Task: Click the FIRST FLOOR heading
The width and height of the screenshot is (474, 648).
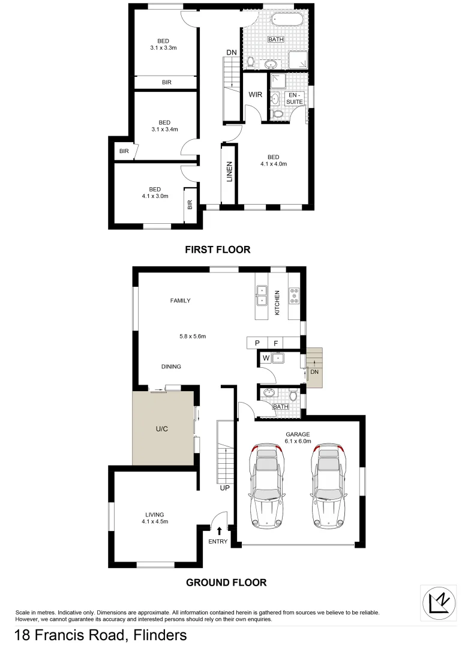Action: click(x=218, y=250)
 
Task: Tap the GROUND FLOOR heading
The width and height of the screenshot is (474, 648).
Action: click(x=226, y=582)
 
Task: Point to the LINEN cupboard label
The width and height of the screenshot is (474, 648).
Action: click(x=229, y=172)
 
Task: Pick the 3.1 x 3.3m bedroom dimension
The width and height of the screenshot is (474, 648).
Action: click(x=163, y=48)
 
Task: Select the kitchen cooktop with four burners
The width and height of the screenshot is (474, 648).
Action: click(x=295, y=295)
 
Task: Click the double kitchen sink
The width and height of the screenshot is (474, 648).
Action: click(x=262, y=296)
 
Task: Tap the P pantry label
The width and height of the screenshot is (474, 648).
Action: click(x=257, y=343)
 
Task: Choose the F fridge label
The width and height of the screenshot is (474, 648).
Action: click(x=275, y=343)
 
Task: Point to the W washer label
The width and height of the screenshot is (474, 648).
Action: click(x=265, y=359)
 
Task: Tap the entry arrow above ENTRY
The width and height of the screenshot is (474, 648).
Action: click(x=219, y=530)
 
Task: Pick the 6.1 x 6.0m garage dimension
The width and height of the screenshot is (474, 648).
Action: click(x=298, y=441)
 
